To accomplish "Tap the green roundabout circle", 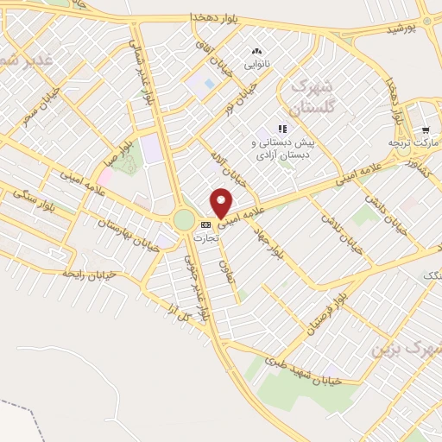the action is (x=184, y=220).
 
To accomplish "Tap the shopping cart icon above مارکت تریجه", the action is (x=426, y=129).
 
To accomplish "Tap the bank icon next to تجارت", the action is (x=205, y=225).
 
